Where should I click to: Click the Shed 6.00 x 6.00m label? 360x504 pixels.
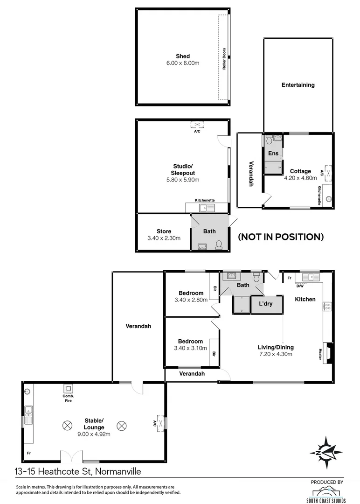[183, 59]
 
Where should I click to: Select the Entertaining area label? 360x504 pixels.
[298, 85]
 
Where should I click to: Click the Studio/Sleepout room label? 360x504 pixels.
[183, 173]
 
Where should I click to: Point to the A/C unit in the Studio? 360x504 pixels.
[197, 124]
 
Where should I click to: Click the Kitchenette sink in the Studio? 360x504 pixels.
[205, 208]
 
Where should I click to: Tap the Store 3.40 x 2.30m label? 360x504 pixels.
[164, 234]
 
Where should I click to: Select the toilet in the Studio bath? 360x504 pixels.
[219, 244]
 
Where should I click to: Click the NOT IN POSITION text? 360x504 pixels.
[281, 237]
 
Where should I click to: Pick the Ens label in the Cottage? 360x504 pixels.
[273, 154]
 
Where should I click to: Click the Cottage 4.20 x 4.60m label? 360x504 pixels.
[300, 174]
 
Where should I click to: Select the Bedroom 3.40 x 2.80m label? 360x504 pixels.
[190, 296]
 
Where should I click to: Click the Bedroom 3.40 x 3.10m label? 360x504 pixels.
[190, 344]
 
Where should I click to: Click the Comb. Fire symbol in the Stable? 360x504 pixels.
[69, 389]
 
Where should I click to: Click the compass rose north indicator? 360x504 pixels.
[325, 452]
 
